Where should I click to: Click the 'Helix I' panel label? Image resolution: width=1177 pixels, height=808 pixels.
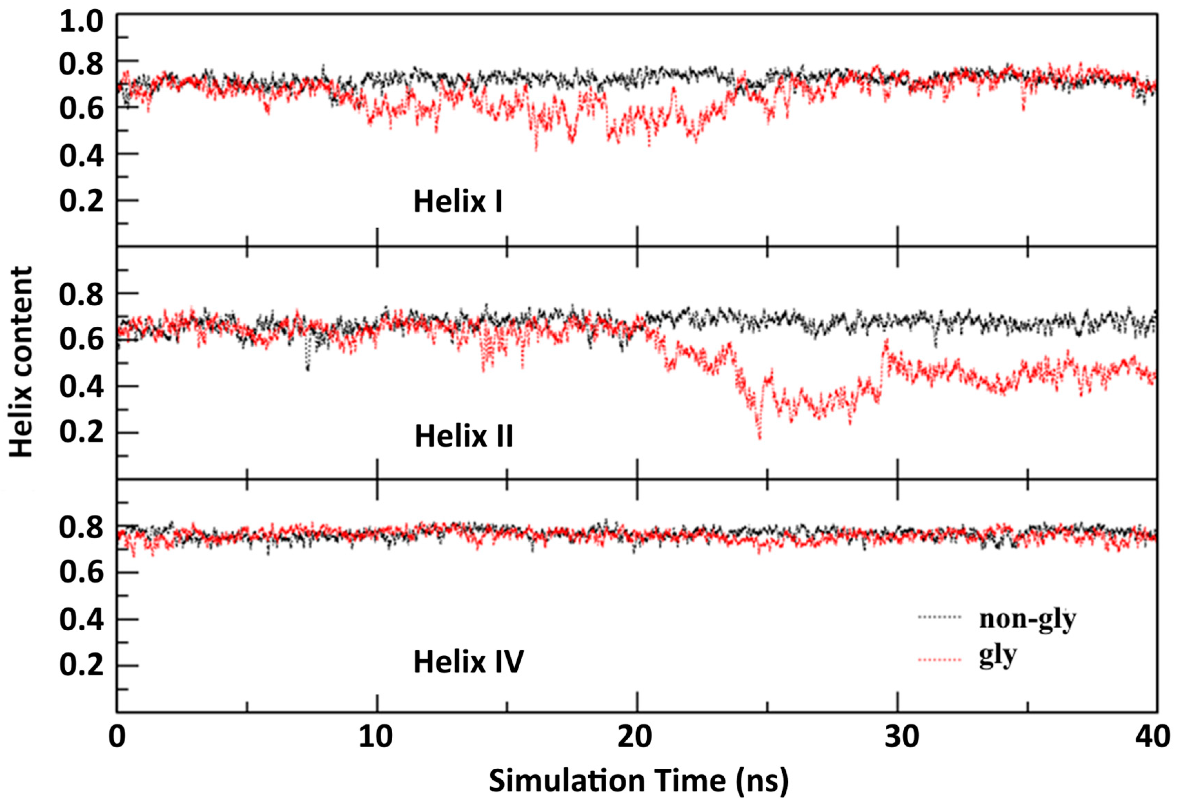[x=458, y=201]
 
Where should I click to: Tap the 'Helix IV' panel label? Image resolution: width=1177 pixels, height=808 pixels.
[x=469, y=662]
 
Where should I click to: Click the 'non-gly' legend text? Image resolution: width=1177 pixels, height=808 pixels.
[x=1027, y=620]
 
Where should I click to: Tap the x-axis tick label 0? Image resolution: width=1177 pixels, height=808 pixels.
[x=117, y=737]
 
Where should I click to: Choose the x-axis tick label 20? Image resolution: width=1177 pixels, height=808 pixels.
[x=636, y=737]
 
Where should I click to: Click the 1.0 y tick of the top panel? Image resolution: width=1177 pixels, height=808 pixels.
[x=81, y=22]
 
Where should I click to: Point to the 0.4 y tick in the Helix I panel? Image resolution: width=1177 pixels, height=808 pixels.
[x=81, y=155]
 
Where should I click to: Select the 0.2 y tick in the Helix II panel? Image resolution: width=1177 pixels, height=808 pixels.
[x=81, y=433]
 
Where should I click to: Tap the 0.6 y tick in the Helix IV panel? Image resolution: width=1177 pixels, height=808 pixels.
[x=81, y=573]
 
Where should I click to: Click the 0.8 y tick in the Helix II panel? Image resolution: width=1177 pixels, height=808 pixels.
[x=81, y=294]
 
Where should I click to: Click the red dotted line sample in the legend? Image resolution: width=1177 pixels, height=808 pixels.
[x=940, y=660]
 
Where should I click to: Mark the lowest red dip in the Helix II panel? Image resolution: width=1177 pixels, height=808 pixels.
[x=759, y=439]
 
